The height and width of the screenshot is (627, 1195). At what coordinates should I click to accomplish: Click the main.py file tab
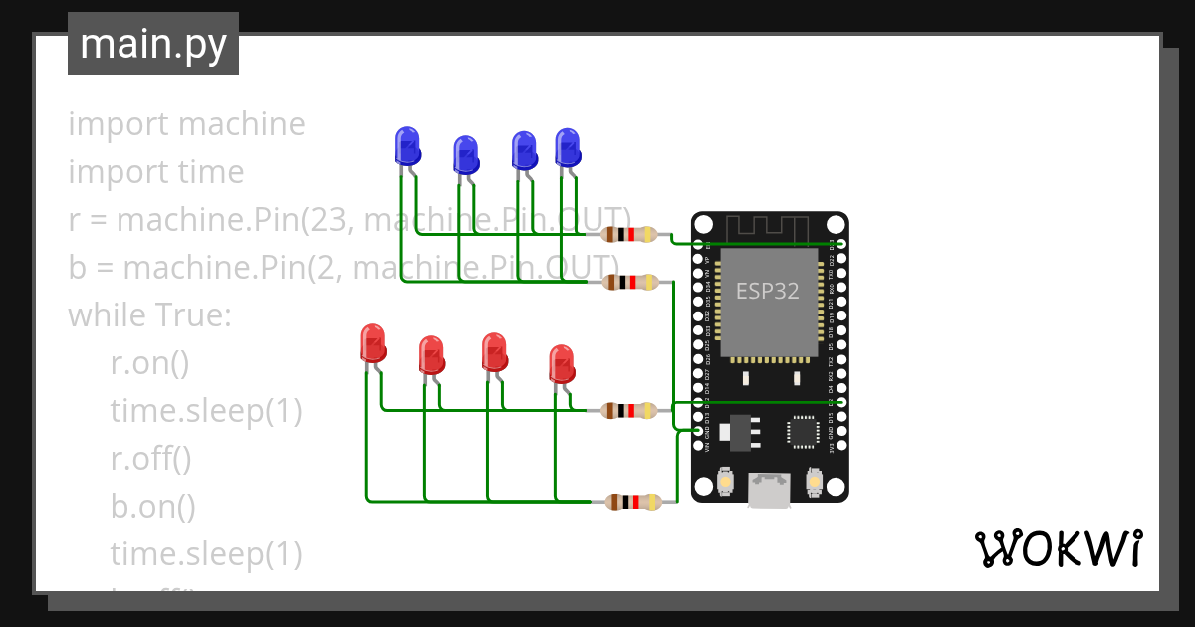tap(152, 44)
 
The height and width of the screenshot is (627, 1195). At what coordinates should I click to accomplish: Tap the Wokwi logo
tap(1058, 548)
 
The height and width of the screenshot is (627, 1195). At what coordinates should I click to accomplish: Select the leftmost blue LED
tap(407, 146)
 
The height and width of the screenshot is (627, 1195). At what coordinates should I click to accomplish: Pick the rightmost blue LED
tap(567, 147)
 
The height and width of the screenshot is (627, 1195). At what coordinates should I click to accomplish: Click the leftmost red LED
tap(373, 343)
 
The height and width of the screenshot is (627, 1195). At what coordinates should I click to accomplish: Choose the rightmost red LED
tap(562, 364)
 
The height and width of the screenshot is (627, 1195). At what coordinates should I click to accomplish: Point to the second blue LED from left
tap(465, 155)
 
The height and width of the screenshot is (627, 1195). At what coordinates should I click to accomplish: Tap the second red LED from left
tap(431, 355)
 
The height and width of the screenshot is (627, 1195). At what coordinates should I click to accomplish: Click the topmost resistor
tap(630, 235)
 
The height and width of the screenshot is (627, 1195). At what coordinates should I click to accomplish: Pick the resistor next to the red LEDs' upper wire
tap(630, 410)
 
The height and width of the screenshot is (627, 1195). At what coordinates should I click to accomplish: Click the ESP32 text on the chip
tap(767, 291)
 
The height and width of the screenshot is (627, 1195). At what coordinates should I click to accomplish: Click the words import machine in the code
tap(186, 124)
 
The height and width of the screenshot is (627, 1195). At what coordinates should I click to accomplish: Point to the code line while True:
tap(149, 315)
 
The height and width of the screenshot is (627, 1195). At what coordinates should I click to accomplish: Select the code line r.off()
tap(150, 459)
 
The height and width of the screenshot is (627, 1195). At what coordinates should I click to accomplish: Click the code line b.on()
tap(152, 506)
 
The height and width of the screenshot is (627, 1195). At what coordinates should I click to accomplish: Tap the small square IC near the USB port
tap(803, 431)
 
